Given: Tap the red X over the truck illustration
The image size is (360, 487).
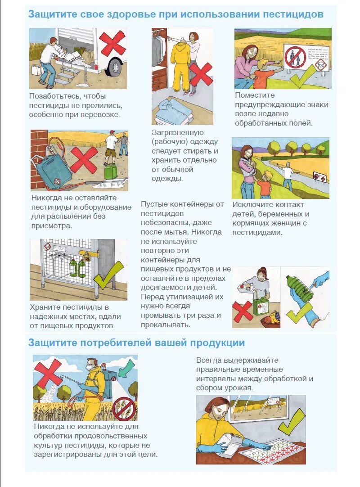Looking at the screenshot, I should (112, 43).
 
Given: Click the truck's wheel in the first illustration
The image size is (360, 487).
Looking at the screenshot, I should (115, 67).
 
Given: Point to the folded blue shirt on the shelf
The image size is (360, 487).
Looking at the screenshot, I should (171, 110).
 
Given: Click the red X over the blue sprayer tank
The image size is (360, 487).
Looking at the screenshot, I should (83, 160).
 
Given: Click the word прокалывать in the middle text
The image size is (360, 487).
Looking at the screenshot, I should (166, 325).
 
